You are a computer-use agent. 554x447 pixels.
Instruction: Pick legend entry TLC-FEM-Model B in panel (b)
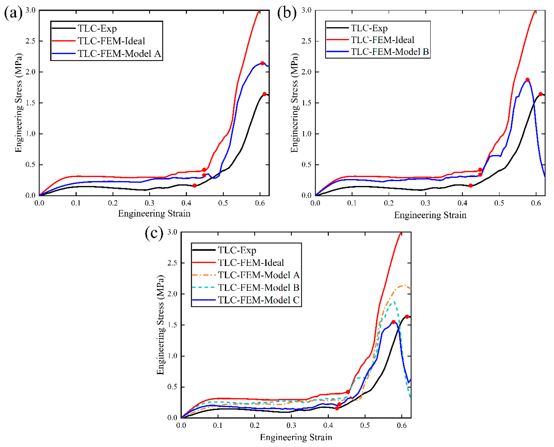point(390,52)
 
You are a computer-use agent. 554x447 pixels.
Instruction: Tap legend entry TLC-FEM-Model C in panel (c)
point(259,300)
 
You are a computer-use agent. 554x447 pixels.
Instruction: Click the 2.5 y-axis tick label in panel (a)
point(30,41)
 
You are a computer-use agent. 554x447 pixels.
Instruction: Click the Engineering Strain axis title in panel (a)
point(154,213)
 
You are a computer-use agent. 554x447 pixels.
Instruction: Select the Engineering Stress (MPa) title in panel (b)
point(294,103)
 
